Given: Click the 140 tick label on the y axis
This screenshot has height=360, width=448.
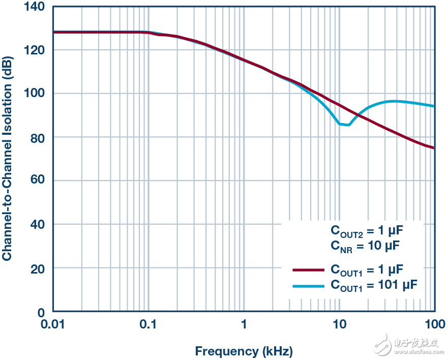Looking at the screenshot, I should pyautogui.click(x=35, y=7).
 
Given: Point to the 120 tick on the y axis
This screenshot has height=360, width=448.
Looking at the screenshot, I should pyautogui.click(x=35, y=50).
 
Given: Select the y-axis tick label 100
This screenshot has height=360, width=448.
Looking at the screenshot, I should pyautogui.click(x=35, y=94).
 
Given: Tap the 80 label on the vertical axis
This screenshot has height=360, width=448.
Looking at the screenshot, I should pyautogui.click(x=38, y=137).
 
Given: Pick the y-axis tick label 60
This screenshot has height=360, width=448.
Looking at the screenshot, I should pyautogui.click(x=38, y=181).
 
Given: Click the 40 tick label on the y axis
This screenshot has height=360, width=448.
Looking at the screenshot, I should pyautogui.click(x=38, y=224).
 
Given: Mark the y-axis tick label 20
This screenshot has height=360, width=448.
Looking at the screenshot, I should pyautogui.click(x=38, y=268).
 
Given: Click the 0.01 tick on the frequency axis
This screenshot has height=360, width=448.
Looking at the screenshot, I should pyautogui.click(x=54, y=324).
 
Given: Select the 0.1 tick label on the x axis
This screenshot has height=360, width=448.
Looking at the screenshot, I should pyautogui.click(x=149, y=324).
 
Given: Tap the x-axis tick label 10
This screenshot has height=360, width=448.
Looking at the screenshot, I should pyautogui.click(x=339, y=324).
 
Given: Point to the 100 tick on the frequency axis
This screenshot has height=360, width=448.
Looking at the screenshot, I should pyautogui.click(x=434, y=324).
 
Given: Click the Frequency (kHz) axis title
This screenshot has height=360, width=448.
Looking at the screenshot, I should pyautogui.click(x=244, y=351).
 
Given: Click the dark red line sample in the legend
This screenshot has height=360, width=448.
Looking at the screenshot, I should pyautogui.click(x=308, y=270).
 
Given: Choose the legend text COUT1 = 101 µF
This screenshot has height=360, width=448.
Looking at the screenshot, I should pyautogui.click(x=374, y=285).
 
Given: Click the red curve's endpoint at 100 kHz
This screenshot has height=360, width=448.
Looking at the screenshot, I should pyautogui.click(x=434, y=148).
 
